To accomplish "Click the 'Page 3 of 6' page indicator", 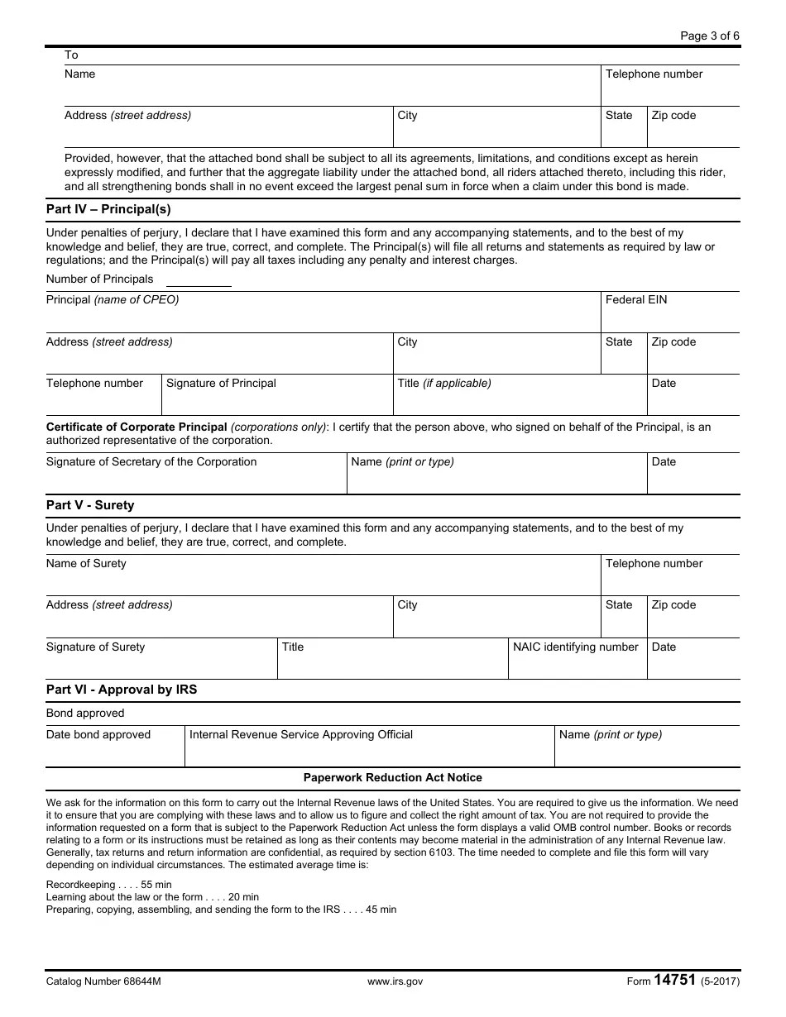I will (709, 36).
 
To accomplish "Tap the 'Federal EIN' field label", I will (635, 300).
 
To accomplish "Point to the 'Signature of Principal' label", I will (221, 384).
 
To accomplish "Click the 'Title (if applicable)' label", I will (444, 384).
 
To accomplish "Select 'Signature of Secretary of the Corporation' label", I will (151, 462).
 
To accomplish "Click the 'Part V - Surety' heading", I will (90, 505).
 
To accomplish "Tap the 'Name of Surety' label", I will (86, 564).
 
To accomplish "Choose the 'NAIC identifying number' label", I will (575, 647).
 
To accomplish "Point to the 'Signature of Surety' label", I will (95, 647).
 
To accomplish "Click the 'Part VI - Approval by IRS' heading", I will (122, 690).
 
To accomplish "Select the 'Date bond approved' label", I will (98, 735).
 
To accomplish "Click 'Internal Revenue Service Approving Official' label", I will (301, 735).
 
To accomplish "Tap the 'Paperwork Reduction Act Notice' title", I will (392, 778).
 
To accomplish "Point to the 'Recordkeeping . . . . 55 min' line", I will (109, 885).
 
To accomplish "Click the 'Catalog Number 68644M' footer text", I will (103, 982).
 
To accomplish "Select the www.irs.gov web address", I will (395, 982).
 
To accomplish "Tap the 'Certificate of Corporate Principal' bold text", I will (137, 427).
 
